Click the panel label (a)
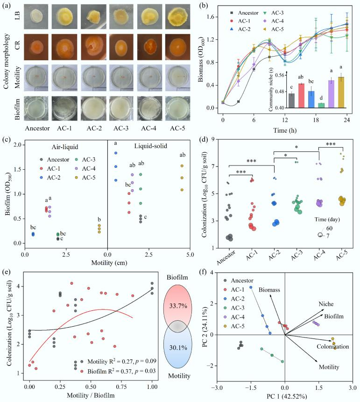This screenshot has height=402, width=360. (x=7, y=6)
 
